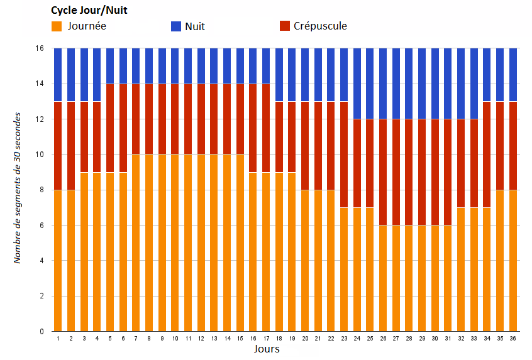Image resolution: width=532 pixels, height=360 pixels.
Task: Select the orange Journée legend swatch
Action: coord(57,26)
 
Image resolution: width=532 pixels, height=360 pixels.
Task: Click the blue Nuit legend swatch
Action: coord(176,26)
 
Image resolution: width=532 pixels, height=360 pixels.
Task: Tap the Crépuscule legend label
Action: coord(320,26)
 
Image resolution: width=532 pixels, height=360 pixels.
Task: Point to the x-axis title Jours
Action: coord(267,349)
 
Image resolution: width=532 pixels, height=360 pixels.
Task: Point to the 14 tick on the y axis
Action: coord(40,84)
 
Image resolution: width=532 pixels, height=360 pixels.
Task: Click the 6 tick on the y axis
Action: coord(42,225)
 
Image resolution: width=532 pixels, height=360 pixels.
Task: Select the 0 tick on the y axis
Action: coord(42,331)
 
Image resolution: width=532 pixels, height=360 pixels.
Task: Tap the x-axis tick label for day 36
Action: coord(513,339)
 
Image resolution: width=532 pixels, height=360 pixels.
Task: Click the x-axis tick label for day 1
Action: coord(58,339)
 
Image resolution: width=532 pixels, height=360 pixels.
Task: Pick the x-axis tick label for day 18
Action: coord(279,339)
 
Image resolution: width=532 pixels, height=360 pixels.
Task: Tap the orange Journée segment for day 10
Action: coord(175,243)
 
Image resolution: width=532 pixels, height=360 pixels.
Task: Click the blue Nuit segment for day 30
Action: coord(435,83)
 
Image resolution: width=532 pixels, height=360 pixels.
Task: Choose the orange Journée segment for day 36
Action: coord(513,260)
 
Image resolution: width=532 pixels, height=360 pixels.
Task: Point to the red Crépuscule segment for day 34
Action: coord(487,154)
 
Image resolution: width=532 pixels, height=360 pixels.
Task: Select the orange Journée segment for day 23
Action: coord(344,269)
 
